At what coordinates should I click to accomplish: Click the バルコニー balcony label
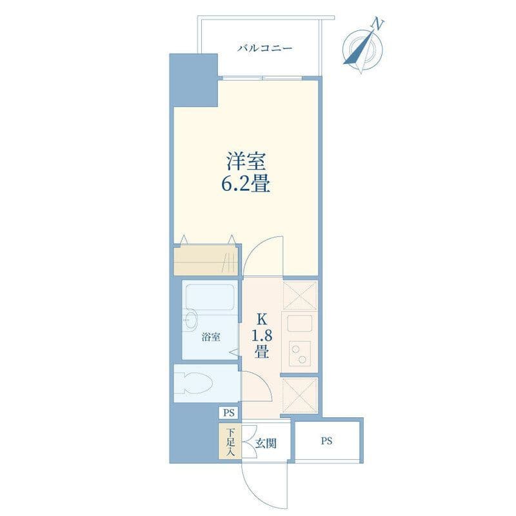pyautogui.click(x=265, y=49)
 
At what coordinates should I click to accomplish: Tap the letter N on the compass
pyautogui.click(x=378, y=25)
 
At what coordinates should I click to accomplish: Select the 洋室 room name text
pyautogui.click(x=246, y=161)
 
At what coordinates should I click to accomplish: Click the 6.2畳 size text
pyautogui.click(x=246, y=184)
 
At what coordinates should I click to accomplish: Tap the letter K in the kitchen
pyautogui.click(x=262, y=319)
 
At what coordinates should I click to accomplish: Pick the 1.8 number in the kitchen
pyautogui.click(x=262, y=336)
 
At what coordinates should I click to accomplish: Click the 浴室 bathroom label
pyautogui.click(x=211, y=337)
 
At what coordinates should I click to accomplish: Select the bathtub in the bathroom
pyautogui.click(x=210, y=298)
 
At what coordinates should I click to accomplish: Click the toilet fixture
pyautogui.click(x=194, y=383)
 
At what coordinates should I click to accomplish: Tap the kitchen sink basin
pyautogui.click(x=300, y=323)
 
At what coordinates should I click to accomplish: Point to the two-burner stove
pyautogui.click(x=300, y=353)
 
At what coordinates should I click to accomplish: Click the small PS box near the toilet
pyautogui.click(x=229, y=413)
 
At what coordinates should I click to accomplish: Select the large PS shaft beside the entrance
pyautogui.click(x=327, y=441)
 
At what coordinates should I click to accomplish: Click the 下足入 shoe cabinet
pyautogui.click(x=230, y=441)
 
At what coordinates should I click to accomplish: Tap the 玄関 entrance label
pyautogui.click(x=266, y=444)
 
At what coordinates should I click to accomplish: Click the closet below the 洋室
pyautogui.click(x=206, y=260)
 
